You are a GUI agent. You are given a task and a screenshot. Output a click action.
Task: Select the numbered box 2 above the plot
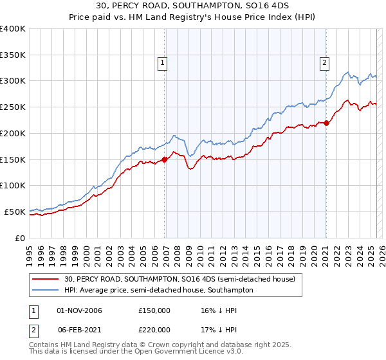pos(324,63)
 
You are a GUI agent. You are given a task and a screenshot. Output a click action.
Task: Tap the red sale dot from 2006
pos(164,159)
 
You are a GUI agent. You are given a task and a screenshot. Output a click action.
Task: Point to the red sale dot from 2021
pos(326,123)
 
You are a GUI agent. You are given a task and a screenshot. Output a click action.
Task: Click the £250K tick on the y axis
pos(13,107)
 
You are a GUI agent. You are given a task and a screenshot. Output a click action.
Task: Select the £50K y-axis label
pos(15,212)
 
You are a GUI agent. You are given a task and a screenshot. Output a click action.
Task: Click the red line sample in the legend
pos(46,280)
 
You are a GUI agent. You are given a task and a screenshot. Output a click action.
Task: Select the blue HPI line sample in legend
pos(46,291)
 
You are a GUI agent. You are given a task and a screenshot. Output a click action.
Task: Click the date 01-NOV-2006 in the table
pos(79,310)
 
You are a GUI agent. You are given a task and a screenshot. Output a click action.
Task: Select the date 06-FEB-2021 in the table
pos(79,329)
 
